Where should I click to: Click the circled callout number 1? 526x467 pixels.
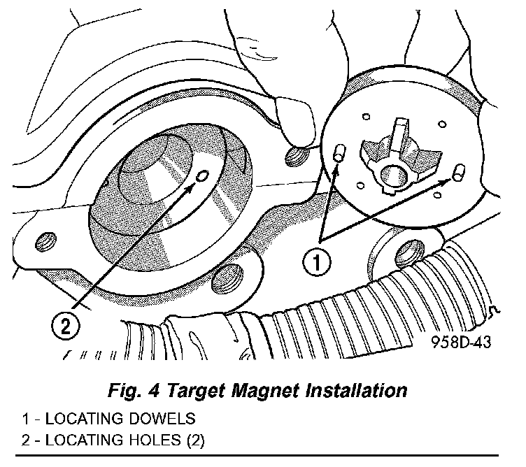tap(316, 264)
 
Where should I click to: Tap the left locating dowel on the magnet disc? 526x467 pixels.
tap(339, 154)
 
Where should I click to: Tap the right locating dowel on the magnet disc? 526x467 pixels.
tap(459, 172)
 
